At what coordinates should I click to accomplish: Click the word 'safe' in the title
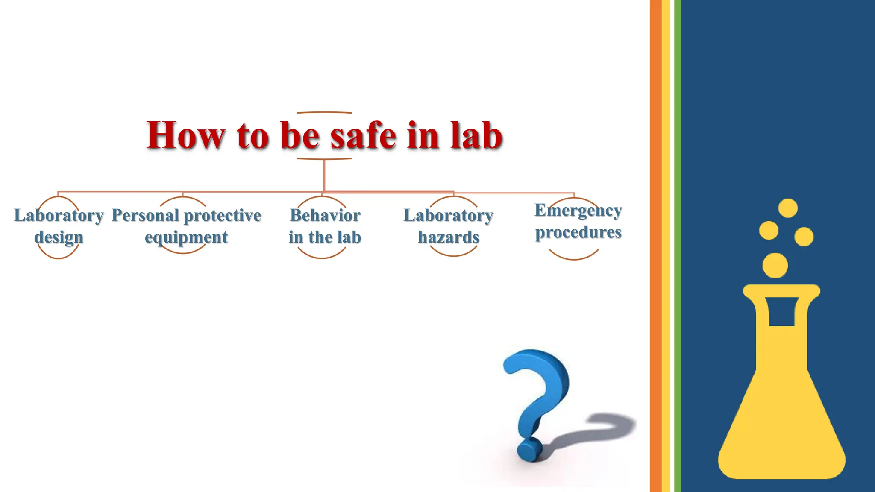pyautogui.click(x=363, y=136)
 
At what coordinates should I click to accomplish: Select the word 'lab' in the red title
pyautogui.click(x=476, y=136)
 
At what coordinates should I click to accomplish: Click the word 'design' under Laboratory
pyautogui.click(x=59, y=237)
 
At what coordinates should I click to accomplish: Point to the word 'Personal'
pyautogui.click(x=145, y=216)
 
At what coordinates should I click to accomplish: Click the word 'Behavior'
pyautogui.click(x=325, y=216)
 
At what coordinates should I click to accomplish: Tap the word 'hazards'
pyautogui.click(x=449, y=237)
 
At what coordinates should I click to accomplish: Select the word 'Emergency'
pyautogui.click(x=578, y=211)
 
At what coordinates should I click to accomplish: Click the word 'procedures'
pyautogui.click(x=578, y=233)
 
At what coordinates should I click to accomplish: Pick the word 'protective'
pyautogui.click(x=223, y=216)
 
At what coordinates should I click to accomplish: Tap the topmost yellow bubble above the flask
pyautogui.click(x=788, y=208)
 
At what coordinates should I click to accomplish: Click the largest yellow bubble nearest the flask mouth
pyautogui.click(x=775, y=265)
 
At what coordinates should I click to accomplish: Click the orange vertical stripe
pyautogui.click(x=655, y=246)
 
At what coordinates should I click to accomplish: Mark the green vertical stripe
pyautogui.click(x=678, y=246)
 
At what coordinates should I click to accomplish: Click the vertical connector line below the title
pyautogui.click(x=324, y=175)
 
